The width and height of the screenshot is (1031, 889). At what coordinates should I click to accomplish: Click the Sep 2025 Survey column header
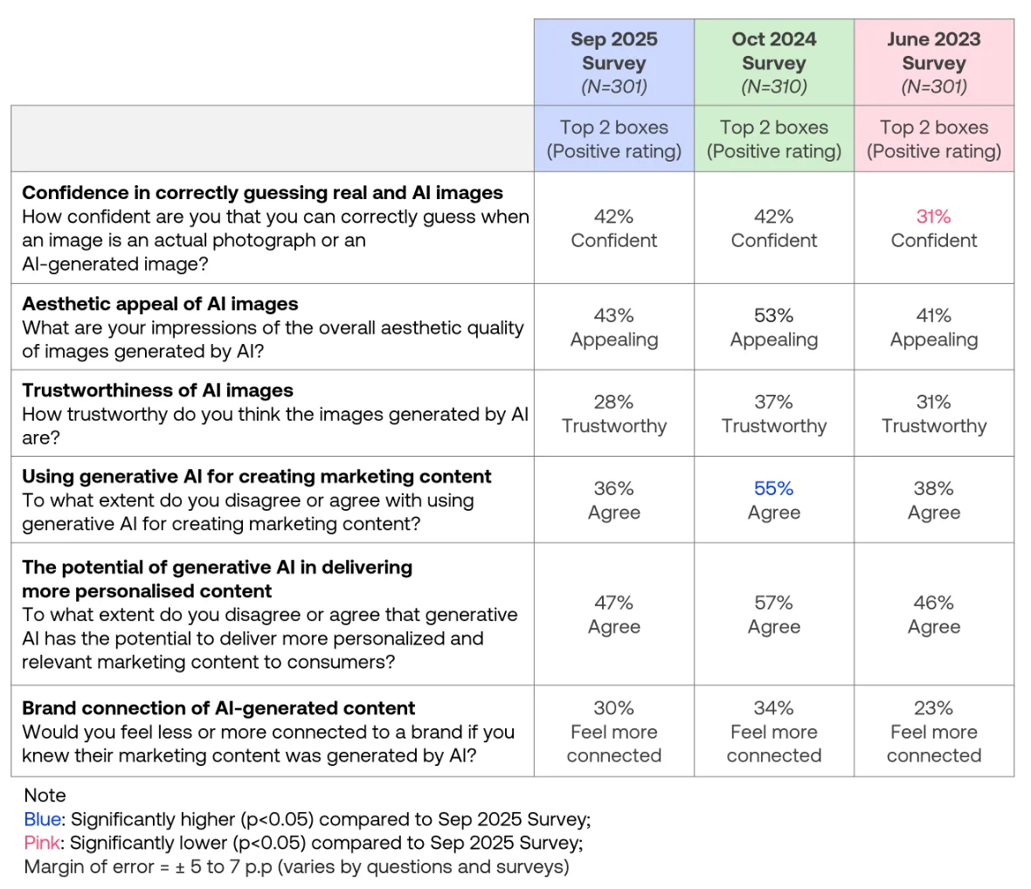[x=613, y=62]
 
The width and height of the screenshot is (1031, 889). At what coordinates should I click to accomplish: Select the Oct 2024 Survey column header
[x=774, y=62]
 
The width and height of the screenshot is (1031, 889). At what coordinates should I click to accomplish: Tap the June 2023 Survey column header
[x=934, y=62]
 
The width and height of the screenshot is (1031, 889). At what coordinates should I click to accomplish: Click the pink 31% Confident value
[x=934, y=228]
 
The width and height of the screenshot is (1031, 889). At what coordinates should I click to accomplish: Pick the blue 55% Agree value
[x=774, y=500]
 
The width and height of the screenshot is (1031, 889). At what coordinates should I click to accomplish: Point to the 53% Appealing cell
[x=774, y=327]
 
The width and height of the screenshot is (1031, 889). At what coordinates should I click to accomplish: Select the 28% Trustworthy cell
[x=613, y=413]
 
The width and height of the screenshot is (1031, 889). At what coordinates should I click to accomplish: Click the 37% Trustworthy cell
[x=774, y=413]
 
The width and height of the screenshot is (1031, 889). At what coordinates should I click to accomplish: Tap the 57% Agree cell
[x=774, y=614]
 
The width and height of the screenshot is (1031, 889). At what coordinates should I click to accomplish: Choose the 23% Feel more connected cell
[x=934, y=731]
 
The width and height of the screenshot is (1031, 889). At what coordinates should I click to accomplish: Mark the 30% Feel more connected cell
[x=613, y=731]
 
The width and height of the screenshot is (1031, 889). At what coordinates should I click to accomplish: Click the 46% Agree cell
[x=934, y=614]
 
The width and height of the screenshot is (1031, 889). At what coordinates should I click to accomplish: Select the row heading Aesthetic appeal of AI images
[x=160, y=304]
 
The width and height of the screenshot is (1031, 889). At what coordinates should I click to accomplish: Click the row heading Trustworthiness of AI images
[x=158, y=390]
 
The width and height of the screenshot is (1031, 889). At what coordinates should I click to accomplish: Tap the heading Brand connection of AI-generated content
[x=218, y=707]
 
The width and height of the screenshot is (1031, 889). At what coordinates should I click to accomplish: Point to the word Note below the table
[x=45, y=795]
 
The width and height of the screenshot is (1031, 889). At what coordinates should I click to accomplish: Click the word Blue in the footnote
[x=42, y=819]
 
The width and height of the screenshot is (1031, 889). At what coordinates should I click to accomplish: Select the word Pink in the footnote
[x=41, y=843]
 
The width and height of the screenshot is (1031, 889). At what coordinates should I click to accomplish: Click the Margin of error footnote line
[x=296, y=866]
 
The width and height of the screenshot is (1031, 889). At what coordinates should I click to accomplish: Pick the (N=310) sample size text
[x=774, y=86]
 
